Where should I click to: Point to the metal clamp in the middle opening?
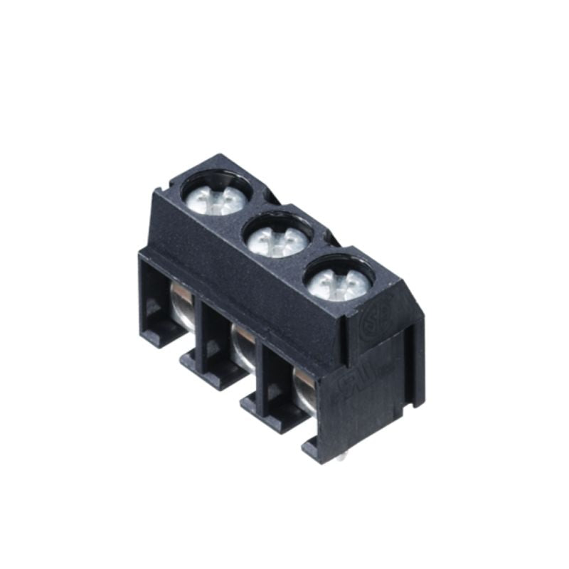[x=243, y=347]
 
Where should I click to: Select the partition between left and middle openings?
[x=208, y=334]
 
